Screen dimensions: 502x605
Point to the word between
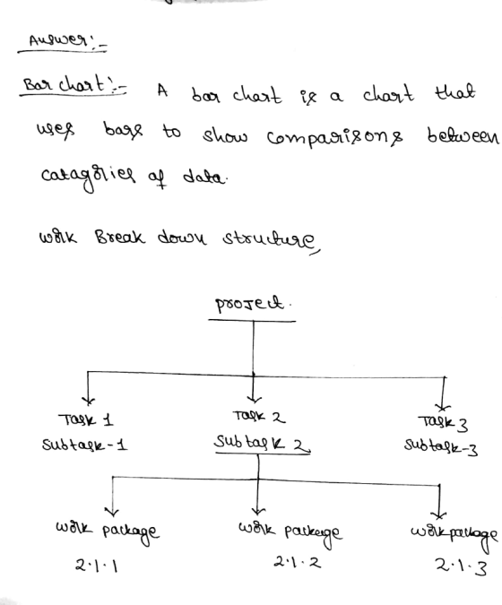coord(463,135)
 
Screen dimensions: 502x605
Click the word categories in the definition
coord(89,177)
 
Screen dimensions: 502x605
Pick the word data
coord(203,177)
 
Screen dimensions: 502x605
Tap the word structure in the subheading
coord(271,240)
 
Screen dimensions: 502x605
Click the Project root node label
coord(249,304)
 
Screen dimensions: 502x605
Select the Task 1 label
coord(86,419)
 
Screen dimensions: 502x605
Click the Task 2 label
coord(259,417)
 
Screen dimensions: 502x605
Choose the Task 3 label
coord(443,423)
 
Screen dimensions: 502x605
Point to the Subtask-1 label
coord(84,445)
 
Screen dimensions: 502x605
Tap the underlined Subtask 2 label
coord(263,443)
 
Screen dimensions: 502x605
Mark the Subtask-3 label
coord(441,447)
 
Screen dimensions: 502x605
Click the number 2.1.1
coord(97,566)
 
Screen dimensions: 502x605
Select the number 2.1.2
coord(297,562)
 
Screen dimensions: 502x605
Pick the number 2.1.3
coord(461,567)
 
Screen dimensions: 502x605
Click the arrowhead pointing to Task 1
coord(88,401)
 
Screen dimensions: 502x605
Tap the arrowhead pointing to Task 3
coord(442,407)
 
